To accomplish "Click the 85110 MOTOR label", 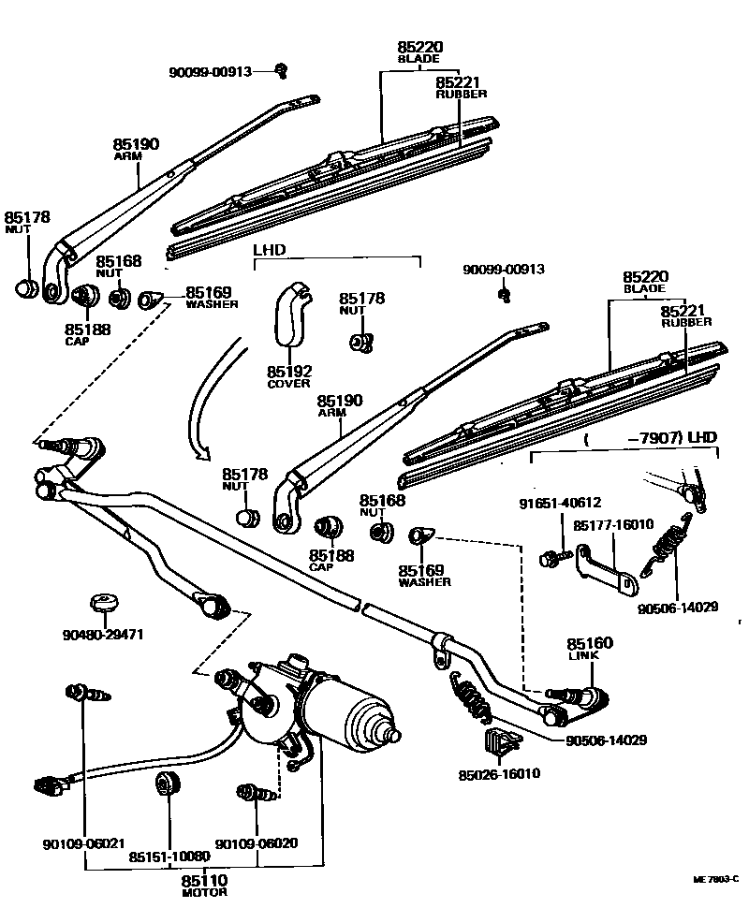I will click(x=204, y=886).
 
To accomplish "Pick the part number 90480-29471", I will click(x=105, y=635).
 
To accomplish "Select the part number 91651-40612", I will click(x=560, y=503).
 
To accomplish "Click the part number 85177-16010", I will click(x=613, y=526).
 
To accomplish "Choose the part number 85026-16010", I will click(x=499, y=774).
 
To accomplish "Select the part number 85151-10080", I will click(x=169, y=857).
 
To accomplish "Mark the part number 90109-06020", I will click(x=257, y=843).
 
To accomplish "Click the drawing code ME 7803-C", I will click(x=716, y=880).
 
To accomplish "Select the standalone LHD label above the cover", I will click(x=269, y=251).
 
